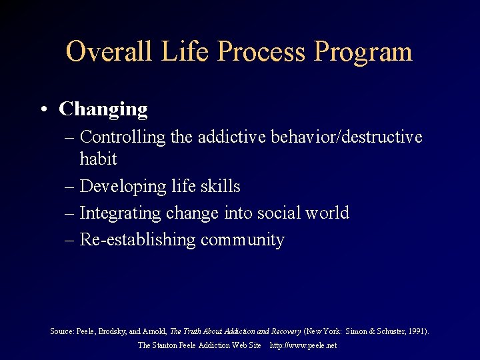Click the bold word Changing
pos(103,109)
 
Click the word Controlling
pos(123,137)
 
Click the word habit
pos(98,159)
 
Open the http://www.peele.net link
pos(303,345)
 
